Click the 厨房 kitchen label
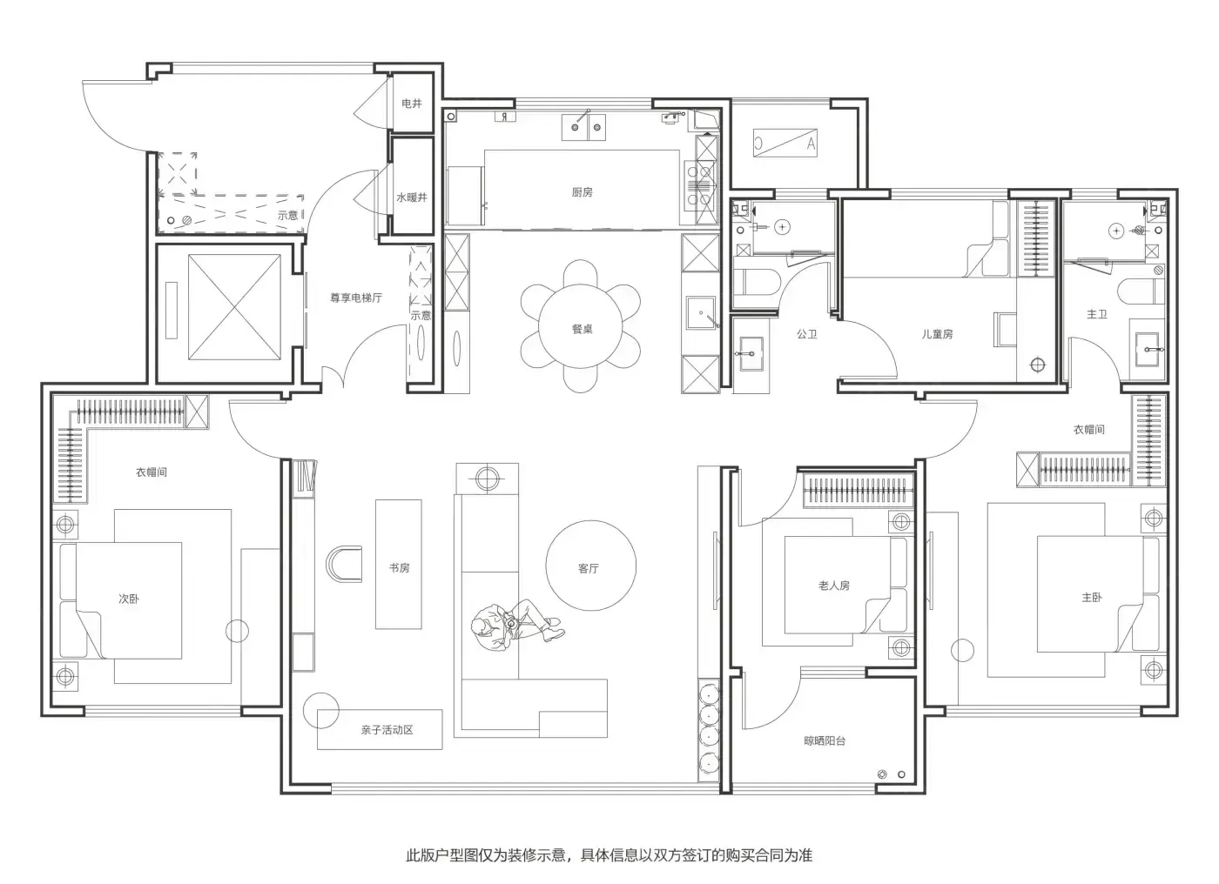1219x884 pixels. [x=582, y=192]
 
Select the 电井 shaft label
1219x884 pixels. [x=411, y=104]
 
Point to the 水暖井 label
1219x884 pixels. [x=412, y=198]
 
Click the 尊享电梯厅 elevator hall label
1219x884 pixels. [x=356, y=298]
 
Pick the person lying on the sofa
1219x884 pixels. [x=517, y=624]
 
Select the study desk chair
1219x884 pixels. [x=344, y=565]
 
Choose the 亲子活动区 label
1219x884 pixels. [x=387, y=730]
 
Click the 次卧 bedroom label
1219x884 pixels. [x=129, y=599]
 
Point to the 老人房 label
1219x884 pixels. [x=834, y=586]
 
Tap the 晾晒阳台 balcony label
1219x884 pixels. [x=825, y=740]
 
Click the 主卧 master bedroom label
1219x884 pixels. [x=1092, y=598]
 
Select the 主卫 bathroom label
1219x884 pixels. [x=1096, y=314]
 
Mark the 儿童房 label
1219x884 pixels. [x=937, y=334]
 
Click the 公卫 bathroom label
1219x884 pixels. [x=806, y=334]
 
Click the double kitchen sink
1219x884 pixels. [x=583, y=127]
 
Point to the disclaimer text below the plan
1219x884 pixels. [x=609, y=855]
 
